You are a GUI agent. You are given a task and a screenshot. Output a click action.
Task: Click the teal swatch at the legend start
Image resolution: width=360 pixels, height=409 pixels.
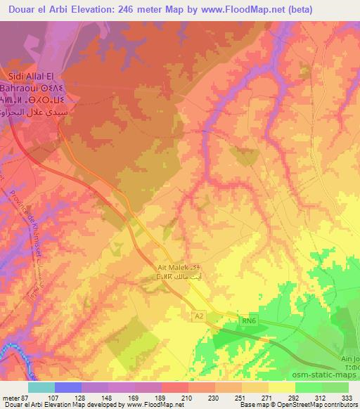(x=41, y=387)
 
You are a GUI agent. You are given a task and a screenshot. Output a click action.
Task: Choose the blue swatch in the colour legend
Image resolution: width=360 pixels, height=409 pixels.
(x=67, y=387)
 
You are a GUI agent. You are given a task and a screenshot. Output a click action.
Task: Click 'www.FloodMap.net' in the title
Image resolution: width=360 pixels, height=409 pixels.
(x=229, y=8)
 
